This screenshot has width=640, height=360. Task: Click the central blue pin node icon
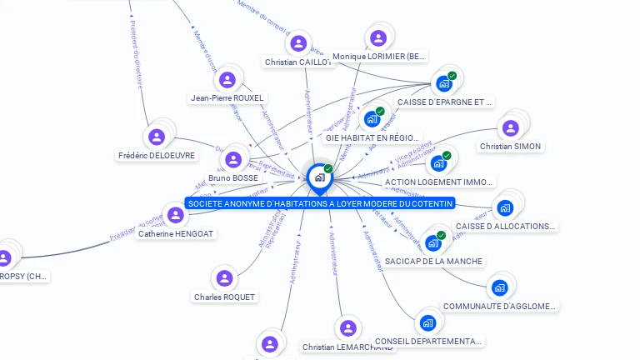pos(318,177)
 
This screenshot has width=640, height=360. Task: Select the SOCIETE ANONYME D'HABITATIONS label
pos(320,203)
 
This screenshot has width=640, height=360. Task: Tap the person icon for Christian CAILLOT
pos(297,43)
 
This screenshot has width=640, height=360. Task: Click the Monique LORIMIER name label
pos(379,57)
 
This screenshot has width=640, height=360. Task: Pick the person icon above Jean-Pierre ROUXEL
pos(227,80)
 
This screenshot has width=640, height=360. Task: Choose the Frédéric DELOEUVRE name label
pos(157,155)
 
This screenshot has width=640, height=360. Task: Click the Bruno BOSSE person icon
pos(233,159)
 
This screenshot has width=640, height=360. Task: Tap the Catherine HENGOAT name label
pos(177,234)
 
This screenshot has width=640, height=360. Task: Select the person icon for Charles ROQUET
pos(224,278)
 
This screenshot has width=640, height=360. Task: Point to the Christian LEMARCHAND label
pos(347,347)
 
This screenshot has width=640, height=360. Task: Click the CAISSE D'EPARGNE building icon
pos(443,83)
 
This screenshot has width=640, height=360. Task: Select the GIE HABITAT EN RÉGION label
pos(373,137)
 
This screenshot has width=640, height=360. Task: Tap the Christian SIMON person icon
pos(510,127)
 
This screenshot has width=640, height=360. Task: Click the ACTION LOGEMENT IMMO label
pos(438,182)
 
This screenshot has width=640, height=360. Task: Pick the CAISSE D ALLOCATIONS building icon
pos(504,208)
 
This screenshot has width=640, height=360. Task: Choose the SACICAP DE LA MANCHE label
pos(433,261)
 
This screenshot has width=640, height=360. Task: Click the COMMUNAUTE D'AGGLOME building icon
pos(499,287)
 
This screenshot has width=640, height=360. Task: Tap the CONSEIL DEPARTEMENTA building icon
pos(427,322)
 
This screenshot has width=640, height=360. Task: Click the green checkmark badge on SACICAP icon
pos(441,236)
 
